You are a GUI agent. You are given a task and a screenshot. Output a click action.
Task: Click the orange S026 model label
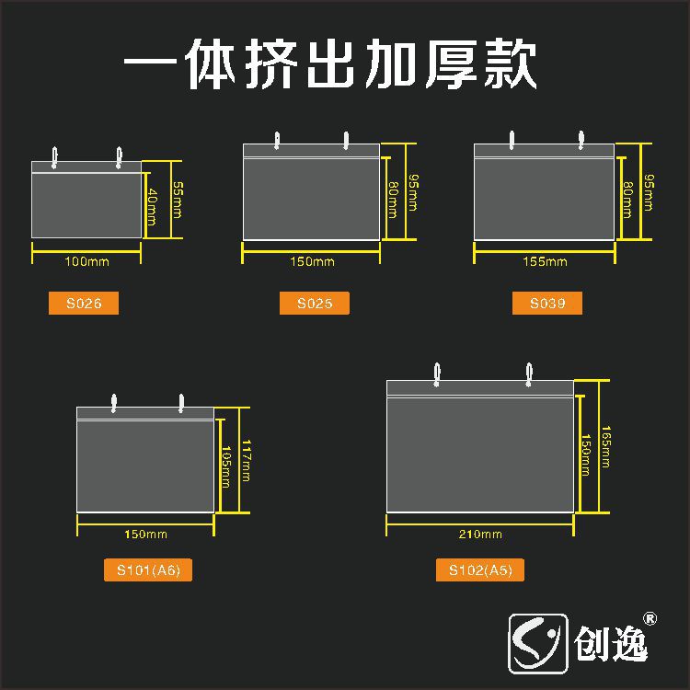coord(83,304)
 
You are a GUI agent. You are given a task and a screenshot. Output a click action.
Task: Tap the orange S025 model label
coord(315,304)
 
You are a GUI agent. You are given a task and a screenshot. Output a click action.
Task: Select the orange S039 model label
coord(546,304)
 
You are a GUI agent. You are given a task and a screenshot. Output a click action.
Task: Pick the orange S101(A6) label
coord(148,570)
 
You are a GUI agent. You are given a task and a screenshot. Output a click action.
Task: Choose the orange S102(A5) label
coord(479,570)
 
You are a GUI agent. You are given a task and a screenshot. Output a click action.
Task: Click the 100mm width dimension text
coord(86,262)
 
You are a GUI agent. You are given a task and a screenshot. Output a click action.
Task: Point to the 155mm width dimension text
coord(545,262)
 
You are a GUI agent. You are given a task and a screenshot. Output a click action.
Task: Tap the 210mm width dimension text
coord(479,535)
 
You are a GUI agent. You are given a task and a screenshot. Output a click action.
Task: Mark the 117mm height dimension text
coord(246,458)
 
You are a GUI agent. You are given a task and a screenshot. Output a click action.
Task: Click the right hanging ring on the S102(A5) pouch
coord(529,373)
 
